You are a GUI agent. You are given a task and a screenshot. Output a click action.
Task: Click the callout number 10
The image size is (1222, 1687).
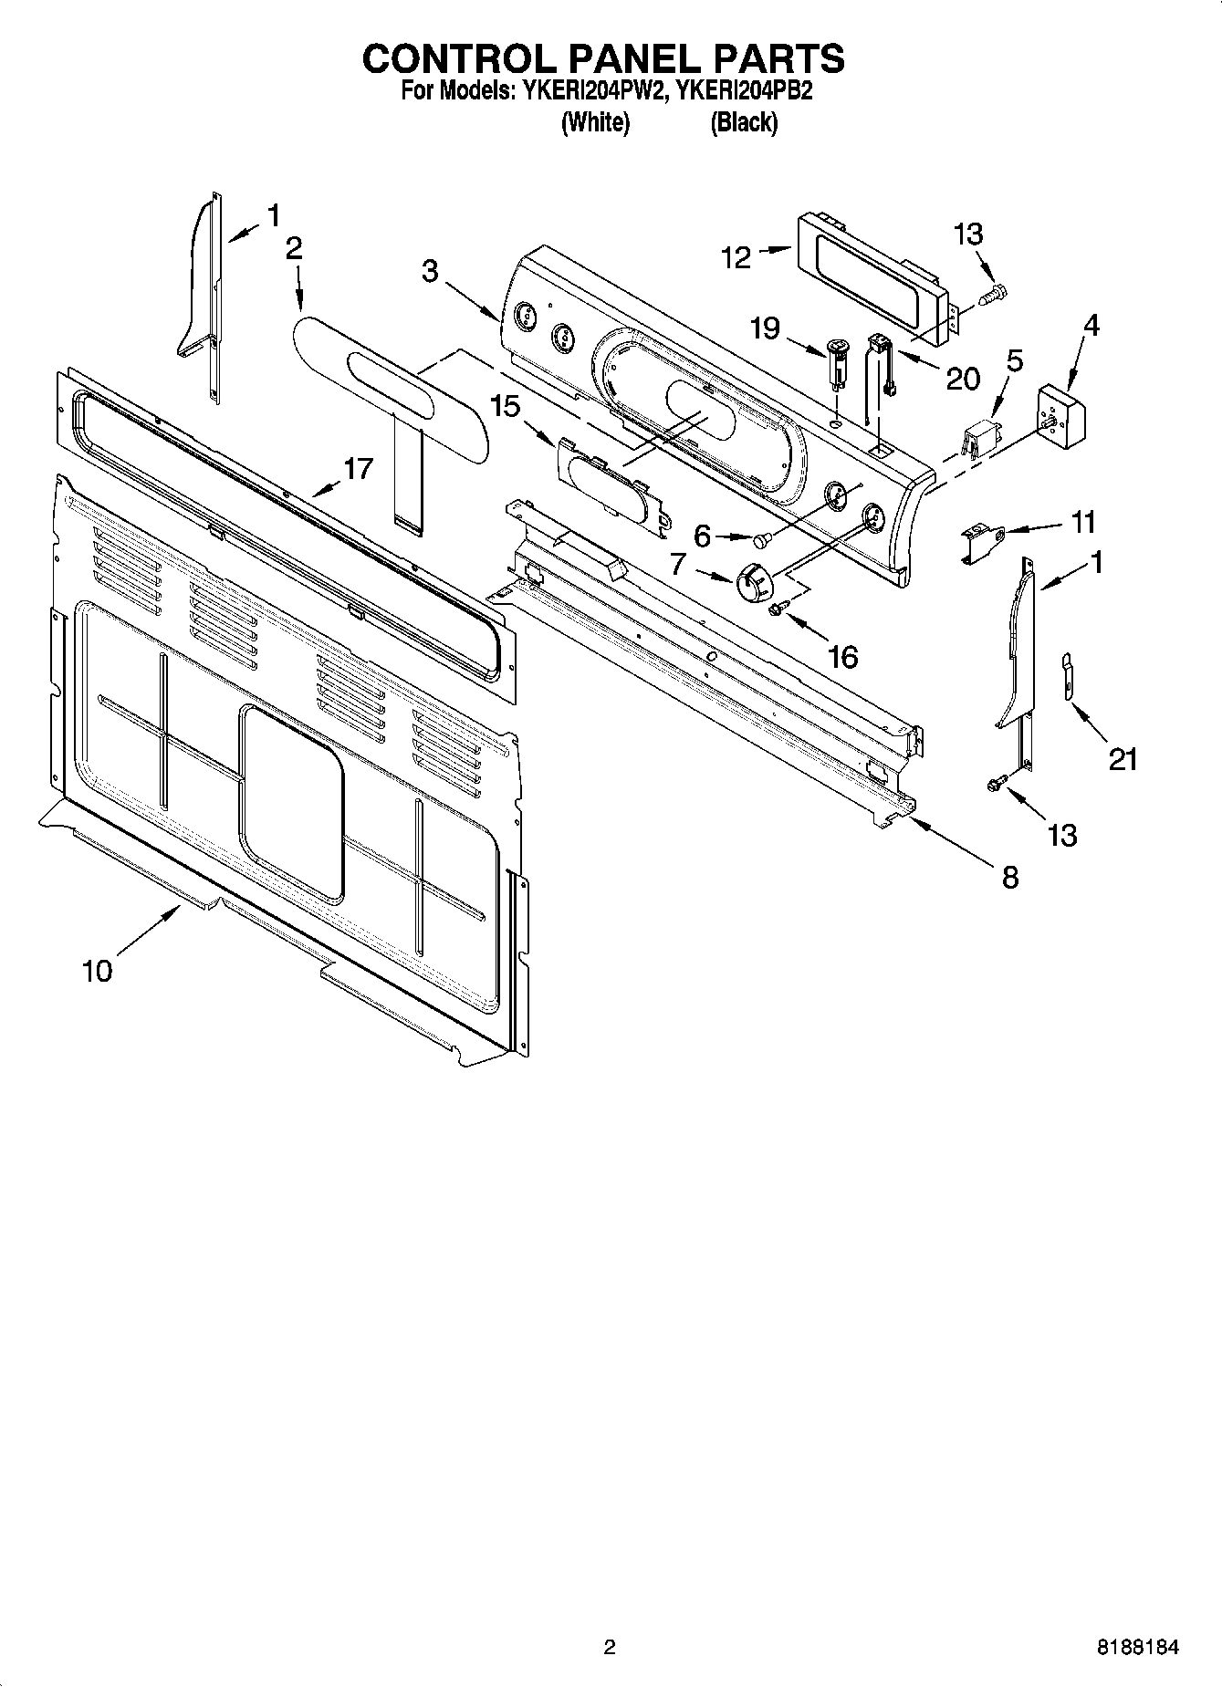click(x=97, y=971)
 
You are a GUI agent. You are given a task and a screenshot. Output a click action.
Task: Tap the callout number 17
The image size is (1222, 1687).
click(x=358, y=468)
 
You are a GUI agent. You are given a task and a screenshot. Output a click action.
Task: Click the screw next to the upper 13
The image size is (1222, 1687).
click(x=991, y=295)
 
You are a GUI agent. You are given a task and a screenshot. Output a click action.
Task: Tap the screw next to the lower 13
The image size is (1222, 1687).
click(x=997, y=782)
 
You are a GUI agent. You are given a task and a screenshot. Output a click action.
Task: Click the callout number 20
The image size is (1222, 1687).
click(x=962, y=378)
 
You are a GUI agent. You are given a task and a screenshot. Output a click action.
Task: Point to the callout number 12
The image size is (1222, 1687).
click(x=736, y=258)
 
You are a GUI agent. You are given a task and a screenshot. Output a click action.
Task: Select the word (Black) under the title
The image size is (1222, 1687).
click(x=744, y=122)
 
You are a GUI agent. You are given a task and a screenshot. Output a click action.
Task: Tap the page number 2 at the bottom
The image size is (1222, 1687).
click(x=610, y=1647)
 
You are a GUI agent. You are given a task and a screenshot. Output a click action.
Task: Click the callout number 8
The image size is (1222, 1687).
click(x=1009, y=878)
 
